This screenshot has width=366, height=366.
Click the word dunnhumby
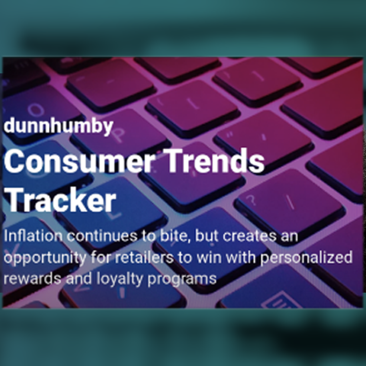coord(58,126)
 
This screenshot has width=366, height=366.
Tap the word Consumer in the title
coord(79,161)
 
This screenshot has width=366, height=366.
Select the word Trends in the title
coord(215,161)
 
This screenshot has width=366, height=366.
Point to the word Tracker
coord(60,200)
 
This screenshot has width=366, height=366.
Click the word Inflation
coord(33,236)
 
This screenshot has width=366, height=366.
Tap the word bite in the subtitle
coord(174,236)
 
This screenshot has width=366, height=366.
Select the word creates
coord(249,236)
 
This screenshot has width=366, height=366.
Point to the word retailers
coord(144,257)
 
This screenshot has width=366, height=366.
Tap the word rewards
coord(32,279)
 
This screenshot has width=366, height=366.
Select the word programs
coord(182,280)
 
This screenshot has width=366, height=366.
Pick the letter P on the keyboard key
coord(119,135)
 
